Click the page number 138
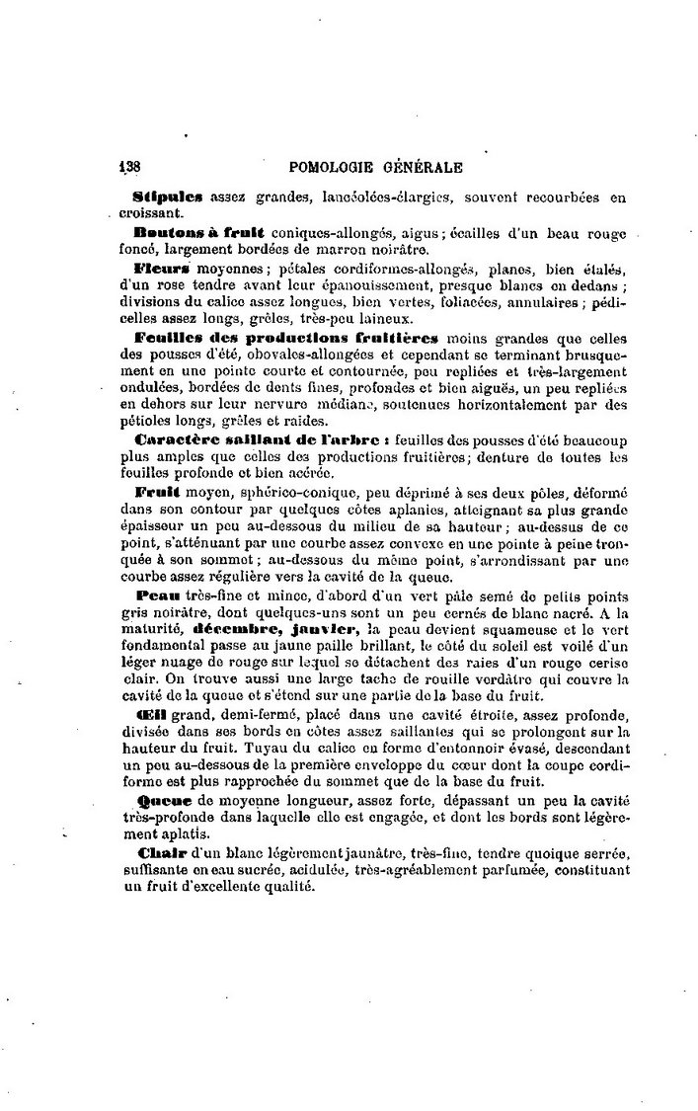coord(132,167)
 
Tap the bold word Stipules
coord(166,197)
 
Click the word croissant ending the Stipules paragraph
coord(145,212)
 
